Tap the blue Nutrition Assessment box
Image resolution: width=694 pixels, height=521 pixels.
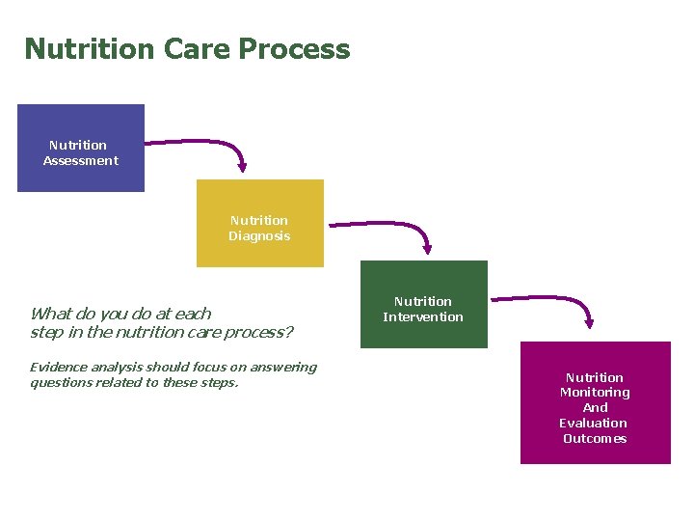[81, 148]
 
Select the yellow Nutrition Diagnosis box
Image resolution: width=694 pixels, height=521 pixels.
[259, 223]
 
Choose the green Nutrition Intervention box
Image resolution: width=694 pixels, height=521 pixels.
[423, 304]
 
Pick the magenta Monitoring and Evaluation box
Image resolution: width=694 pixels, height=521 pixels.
[595, 402]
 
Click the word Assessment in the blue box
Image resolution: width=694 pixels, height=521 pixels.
[81, 161]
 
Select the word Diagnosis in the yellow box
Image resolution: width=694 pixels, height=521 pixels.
[259, 236]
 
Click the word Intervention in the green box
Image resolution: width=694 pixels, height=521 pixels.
[423, 317]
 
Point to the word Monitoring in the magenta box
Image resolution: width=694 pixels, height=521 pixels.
[595, 393]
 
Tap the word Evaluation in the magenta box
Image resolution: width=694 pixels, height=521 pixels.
[593, 424]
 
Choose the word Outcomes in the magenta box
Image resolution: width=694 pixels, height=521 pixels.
[595, 439]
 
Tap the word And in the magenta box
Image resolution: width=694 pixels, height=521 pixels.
[595, 408]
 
